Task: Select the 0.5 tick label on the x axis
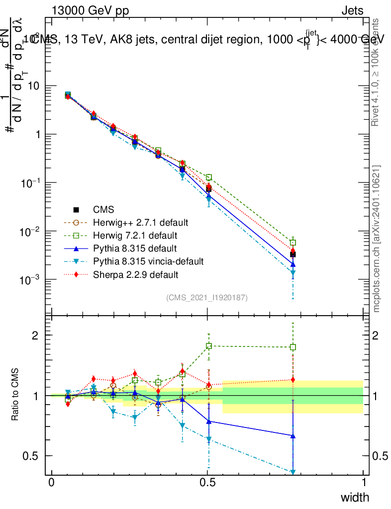208,483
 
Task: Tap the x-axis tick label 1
364,483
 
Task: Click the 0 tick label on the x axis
52,483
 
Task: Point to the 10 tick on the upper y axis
35,86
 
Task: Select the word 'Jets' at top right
352,11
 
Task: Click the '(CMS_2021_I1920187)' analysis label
207,298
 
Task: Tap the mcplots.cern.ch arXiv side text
377,239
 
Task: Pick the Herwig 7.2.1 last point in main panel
293,243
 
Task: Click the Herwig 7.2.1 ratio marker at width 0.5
209,345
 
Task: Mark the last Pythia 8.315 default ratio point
293,436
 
